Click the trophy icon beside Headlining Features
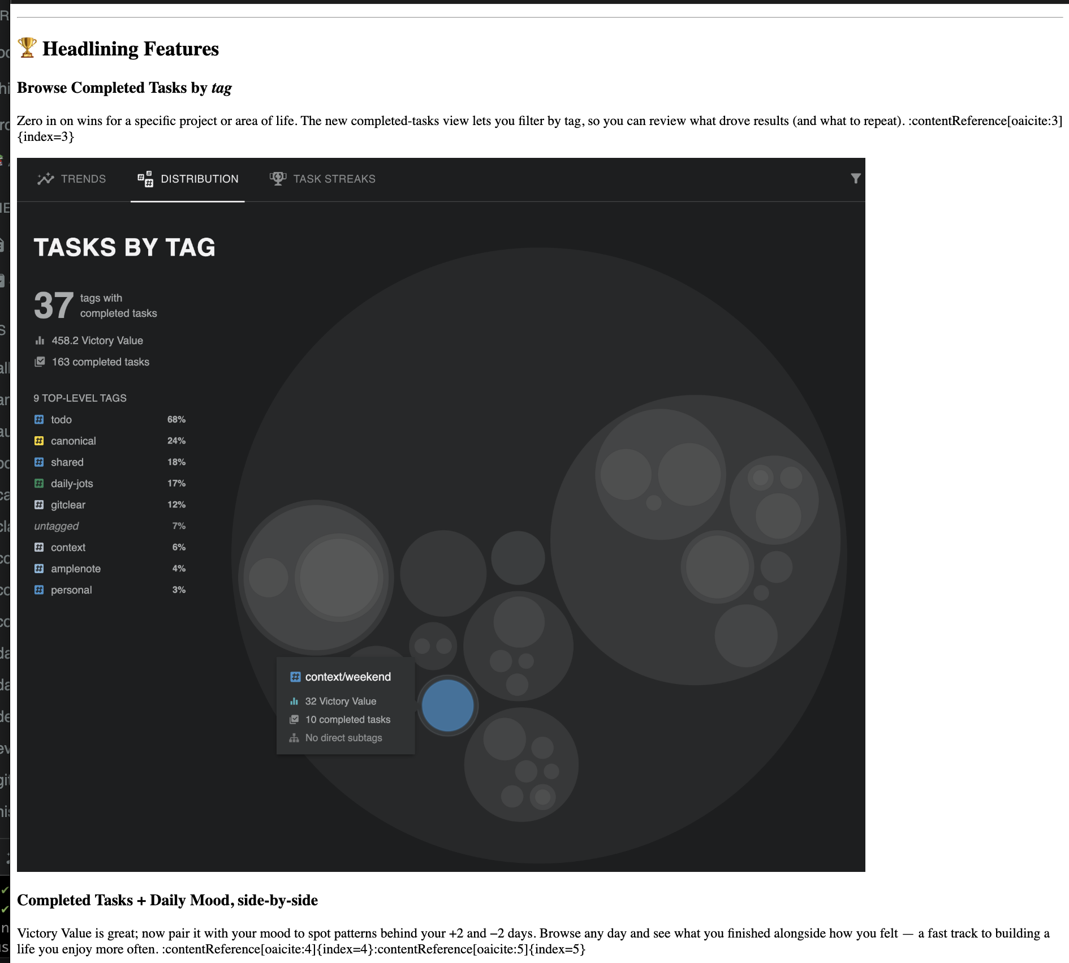[x=27, y=48]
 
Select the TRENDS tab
[x=72, y=179]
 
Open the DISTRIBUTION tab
[x=188, y=179]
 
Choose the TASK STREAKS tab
[x=323, y=179]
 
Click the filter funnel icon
[x=856, y=178]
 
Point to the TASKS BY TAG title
[x=124, y=247]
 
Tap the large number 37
[x=54, y=306]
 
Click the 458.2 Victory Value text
[x=97, y=341]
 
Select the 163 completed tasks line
[x=100, y=362]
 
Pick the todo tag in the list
[x=61, y=420]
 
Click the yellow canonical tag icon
[x=39, y=441]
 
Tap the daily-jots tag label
[x=72, y=484]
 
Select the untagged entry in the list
[x=57, y=526]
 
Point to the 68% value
[x=176, y=420]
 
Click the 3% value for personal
[x=179, y=590]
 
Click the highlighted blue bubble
[x=447, y=706]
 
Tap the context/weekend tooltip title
[x=348, y=677]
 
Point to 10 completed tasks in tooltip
[x=347, y=720]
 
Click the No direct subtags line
[x=343, y=738]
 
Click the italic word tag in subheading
[x=222, y=88]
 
